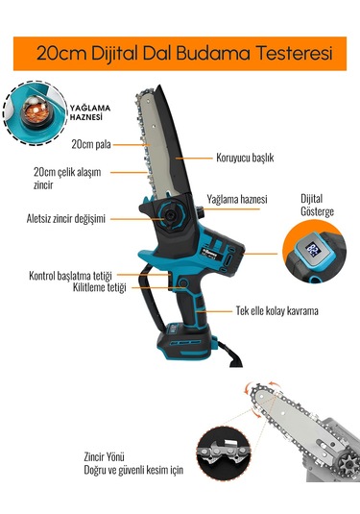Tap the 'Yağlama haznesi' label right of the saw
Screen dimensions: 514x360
[x=236, y=200]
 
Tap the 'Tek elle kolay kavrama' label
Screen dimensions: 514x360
[x=276, y=311]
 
